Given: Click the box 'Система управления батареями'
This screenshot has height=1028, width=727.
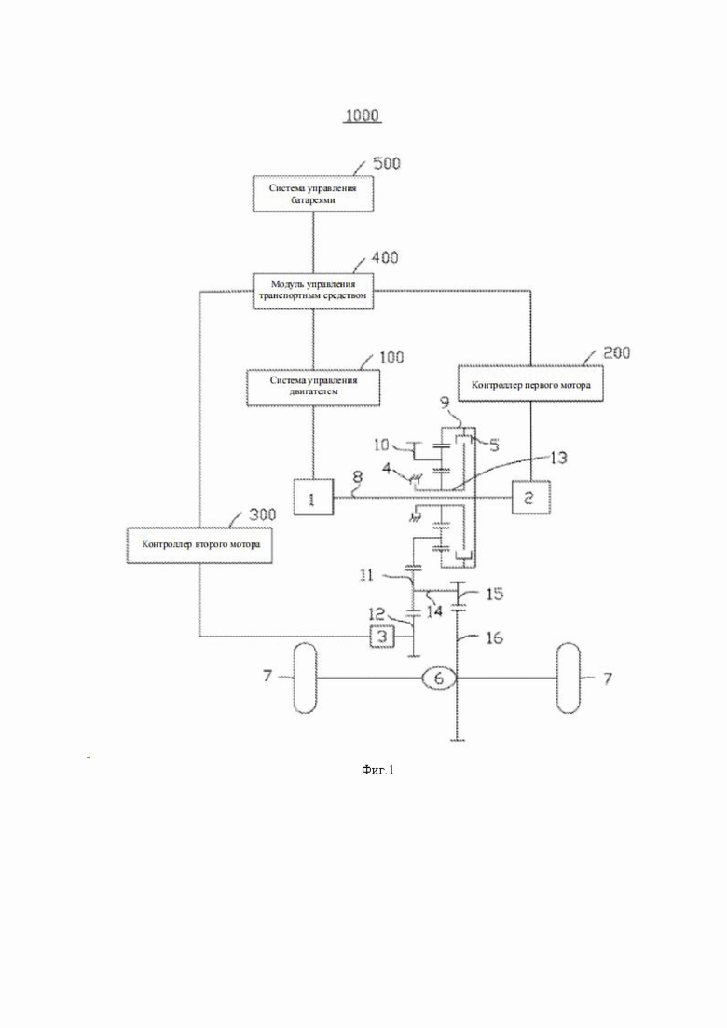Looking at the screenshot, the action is (313, 194).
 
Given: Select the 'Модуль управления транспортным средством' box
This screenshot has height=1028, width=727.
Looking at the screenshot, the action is (313, 291).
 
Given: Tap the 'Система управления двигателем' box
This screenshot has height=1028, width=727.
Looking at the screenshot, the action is (313, 388).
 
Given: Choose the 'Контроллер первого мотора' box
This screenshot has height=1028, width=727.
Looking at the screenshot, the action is (530, 383).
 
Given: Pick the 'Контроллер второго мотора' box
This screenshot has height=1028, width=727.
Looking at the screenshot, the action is (199, 545).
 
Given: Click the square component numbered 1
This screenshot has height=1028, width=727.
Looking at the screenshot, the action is (312, 499).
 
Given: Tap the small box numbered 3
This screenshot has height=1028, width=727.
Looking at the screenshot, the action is (383, 636).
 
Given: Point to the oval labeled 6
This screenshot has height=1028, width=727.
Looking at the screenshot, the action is (439, 678).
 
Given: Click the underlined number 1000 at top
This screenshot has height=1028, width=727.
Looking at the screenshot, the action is (363, 117).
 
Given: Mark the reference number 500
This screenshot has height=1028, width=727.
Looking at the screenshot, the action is (386, 162).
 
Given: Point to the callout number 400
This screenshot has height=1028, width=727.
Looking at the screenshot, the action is (385, 257).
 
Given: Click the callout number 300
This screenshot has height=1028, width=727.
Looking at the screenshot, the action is (262, 514).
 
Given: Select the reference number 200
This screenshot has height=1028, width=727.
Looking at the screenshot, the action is (617, 352).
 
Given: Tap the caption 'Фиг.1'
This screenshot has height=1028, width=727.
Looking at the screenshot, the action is (377, 770).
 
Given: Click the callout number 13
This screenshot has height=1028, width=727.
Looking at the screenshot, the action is (556, 458).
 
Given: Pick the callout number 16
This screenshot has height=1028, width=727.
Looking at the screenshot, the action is (494, 637).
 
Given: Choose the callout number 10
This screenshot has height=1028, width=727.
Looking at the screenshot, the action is (381, 445).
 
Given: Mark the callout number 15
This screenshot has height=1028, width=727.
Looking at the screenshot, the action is (494, 594).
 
